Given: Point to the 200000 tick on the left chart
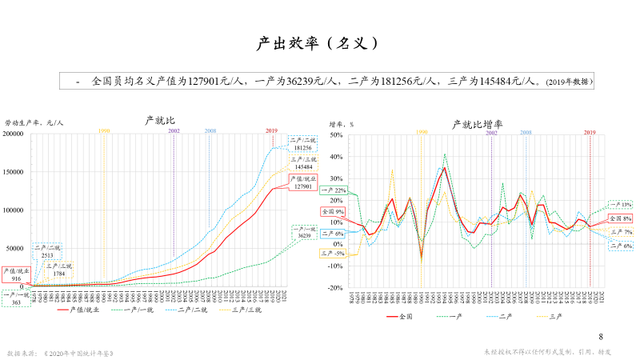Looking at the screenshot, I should pos(14,134).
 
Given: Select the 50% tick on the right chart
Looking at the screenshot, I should pos(336,135).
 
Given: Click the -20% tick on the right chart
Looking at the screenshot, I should pos(334,287).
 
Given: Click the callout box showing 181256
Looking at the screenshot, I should pos(302,143).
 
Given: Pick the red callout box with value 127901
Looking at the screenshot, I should pos(302,182).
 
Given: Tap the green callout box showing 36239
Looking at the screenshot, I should pos(302,232).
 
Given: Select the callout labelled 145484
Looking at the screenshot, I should pos(302,163).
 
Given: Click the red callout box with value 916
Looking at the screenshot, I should pos(16,274).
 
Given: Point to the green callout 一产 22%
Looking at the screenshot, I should pos(333,190).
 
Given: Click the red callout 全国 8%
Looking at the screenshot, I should pos(620,218).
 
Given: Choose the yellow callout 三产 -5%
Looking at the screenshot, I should pos(333,254).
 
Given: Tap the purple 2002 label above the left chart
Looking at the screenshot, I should pos(174,130).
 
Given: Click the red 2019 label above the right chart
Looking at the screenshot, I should pos(590,131).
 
